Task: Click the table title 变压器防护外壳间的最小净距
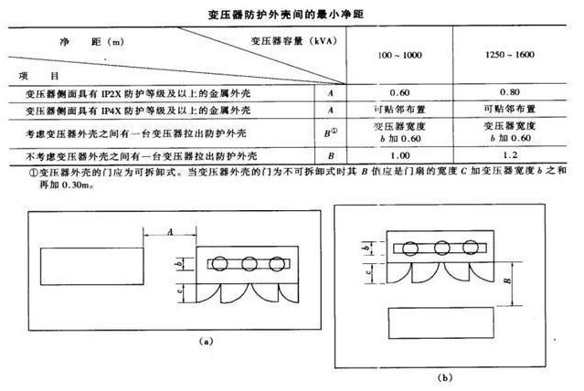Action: pos(292,14)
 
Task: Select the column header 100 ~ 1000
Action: pos(399,57)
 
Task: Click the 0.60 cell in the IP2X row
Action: pos(399,92)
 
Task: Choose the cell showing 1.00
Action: pos(399,155)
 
